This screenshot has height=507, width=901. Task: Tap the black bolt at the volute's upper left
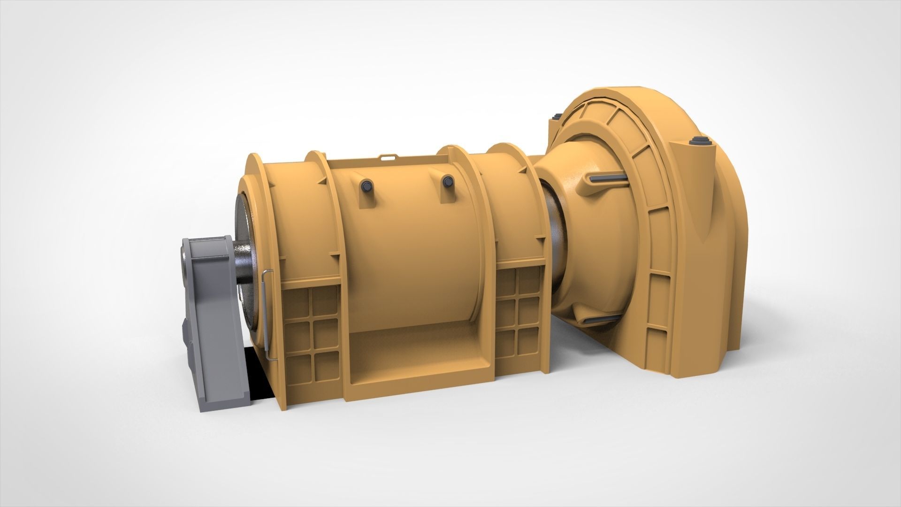[x=557, y=116]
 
